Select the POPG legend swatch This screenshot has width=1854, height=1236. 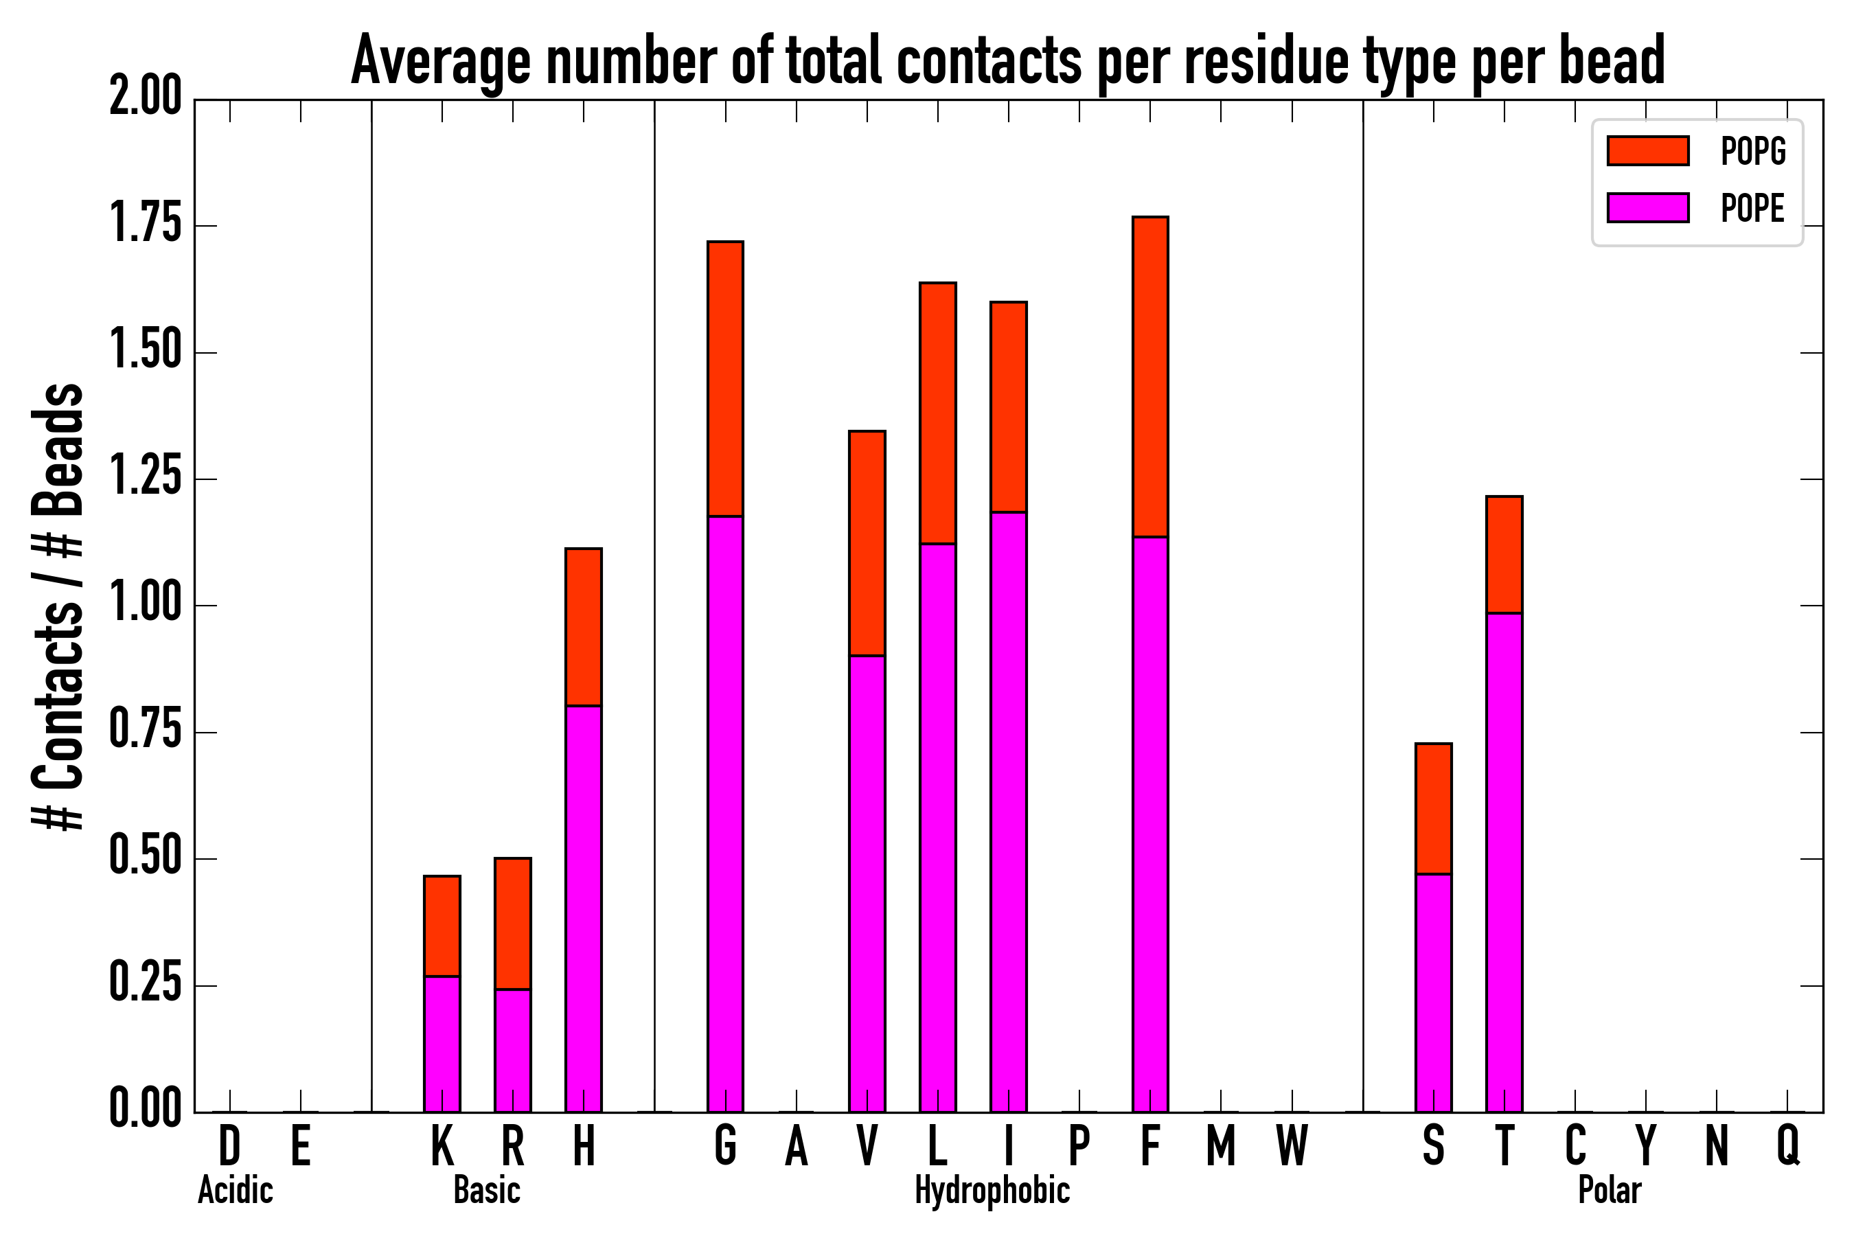(1647, 150)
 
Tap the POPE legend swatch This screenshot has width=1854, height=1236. (1647, 207)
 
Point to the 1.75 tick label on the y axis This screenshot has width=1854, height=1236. (146, 225)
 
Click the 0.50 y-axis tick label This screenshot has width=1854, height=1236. (146, 858)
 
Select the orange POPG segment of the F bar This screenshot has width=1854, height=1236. (1150, 377)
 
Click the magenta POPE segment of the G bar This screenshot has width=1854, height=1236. (725, 814)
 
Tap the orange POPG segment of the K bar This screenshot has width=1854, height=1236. (442, 926)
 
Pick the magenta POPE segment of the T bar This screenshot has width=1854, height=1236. (1504, 862)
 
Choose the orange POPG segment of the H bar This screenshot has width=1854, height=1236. (583, 627)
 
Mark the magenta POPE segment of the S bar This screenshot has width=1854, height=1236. (1433, 993)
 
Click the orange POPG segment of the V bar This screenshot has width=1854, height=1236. (867, 543)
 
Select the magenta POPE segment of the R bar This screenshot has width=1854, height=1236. (512, 1051)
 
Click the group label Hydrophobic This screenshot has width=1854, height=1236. (992, 1190)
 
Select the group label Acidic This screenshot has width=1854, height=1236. (235, 1190)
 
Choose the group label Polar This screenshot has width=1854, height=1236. (1610, 1190)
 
